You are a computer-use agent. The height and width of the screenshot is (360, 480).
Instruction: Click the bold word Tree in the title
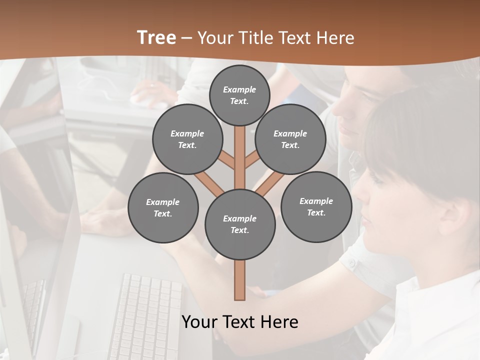[x=156, y=37]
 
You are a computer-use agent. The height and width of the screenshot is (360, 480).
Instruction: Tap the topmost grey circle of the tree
[x=239, y=95]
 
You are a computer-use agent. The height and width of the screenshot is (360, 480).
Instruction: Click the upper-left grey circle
[x=187, y=139]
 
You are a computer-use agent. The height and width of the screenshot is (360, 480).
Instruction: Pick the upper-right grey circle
[x=290, y=139]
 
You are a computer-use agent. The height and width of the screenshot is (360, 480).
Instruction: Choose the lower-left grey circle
[x=163, y=207]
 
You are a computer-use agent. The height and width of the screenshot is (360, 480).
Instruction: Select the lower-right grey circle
[x=316, y=206]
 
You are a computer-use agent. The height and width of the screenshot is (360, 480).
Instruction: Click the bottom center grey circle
[x=240, y=224]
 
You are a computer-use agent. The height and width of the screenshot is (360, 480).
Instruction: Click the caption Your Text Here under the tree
[x=240, y=322]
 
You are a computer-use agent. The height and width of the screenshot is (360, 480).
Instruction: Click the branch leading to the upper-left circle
[x=226, y=160]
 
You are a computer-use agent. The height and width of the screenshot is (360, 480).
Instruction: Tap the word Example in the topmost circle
[x=239, y=90]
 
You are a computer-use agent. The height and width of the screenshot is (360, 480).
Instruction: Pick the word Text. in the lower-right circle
[x=316, y=212]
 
